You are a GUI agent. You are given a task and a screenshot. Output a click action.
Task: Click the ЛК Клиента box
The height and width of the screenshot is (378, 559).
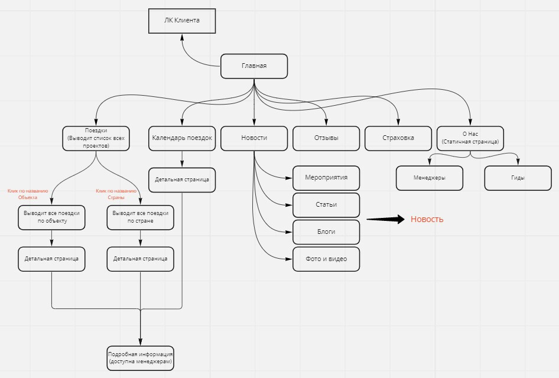coord(181,20)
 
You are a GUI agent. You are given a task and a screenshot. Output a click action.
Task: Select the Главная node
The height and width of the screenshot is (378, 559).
coord(254,66)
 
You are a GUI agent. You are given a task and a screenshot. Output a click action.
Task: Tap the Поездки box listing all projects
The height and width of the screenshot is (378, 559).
coord(96,138)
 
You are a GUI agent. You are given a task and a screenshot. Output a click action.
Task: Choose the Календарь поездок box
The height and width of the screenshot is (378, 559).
coord(182,138)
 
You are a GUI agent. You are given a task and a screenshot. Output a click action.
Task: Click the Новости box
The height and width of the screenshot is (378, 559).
coord(254,138)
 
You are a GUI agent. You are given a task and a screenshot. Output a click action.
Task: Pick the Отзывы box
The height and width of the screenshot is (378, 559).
coord(326,138)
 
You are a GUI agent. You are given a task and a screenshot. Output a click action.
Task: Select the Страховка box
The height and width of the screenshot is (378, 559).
coord(398,138)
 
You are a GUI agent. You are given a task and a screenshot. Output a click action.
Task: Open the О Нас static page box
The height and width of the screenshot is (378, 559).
coord(470,138)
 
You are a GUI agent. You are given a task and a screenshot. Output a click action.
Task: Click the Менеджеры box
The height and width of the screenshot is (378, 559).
coord(430,178)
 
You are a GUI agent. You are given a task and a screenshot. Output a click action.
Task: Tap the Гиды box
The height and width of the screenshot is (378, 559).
coord(518,178)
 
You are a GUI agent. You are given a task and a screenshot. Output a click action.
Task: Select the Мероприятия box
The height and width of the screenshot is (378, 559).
coord(326,178)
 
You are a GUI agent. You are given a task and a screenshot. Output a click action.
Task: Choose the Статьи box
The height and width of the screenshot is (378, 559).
coord(326,205)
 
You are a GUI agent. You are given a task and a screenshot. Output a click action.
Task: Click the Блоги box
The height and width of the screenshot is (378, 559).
coord(326,232)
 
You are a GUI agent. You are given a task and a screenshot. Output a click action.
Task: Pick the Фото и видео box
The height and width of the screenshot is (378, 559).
coord(326,259)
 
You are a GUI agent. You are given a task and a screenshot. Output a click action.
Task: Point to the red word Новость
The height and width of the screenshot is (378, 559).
coord(427,219)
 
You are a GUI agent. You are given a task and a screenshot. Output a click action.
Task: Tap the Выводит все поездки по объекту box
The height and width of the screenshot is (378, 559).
coord(52,217)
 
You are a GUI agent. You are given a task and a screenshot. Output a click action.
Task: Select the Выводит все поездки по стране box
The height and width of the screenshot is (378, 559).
coord(141,217)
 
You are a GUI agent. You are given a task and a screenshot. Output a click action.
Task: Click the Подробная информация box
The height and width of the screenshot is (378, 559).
coord(141,358)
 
